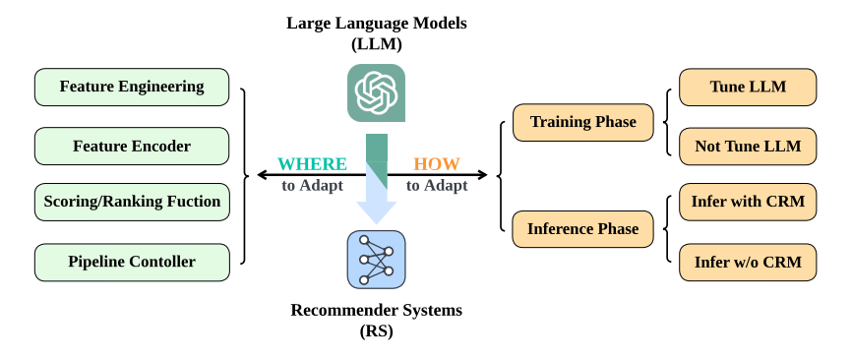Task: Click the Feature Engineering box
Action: (x=132, y=87)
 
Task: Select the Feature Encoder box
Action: (x=132, y=146)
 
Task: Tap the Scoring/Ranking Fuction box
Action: (x=132, y=203)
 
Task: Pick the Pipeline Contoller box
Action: (x=132, y=262)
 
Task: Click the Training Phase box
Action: (x=582, y=123)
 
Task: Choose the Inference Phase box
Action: (x=582, y=229)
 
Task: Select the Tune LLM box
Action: (x=748, y=87)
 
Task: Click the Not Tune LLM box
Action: (x=748, y=146)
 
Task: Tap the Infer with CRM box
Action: (x=748, y=203)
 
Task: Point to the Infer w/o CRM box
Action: (x=748, y=262)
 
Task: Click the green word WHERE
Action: (x=312, y=164)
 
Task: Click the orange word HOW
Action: (x=436, y=164)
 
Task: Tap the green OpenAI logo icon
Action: (x=376, y=92)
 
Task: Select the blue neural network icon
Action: (x=376, y=259)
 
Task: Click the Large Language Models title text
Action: (x=376, y=23)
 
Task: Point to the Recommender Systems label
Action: (x=376, y=311)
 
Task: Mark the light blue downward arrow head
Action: (x=376, y=211)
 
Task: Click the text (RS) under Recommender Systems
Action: (x=376, y=331)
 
